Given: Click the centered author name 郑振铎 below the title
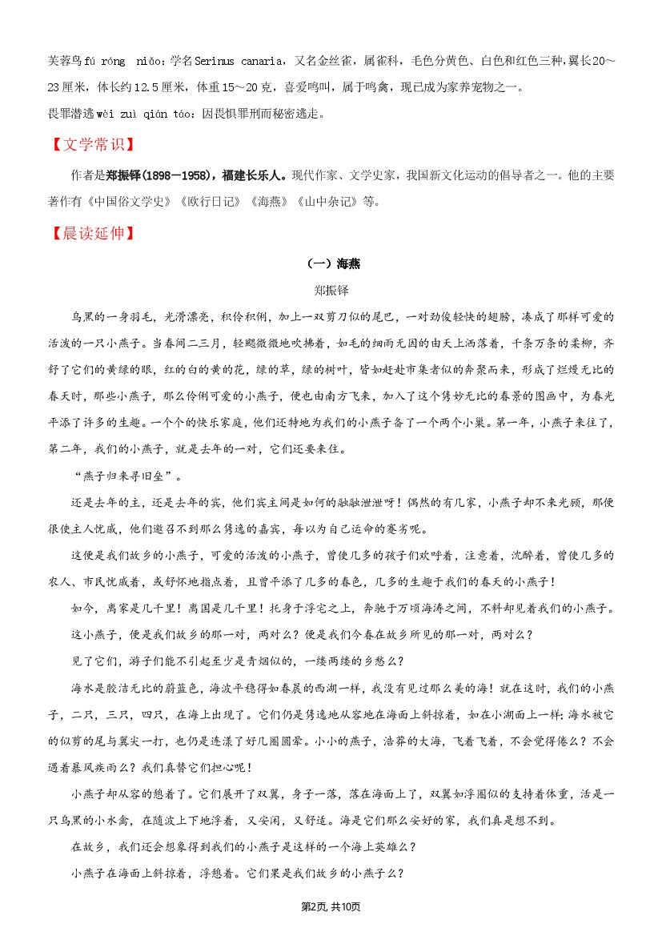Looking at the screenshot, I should click(331, 291).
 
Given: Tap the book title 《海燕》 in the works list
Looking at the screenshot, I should click(267, 202).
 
